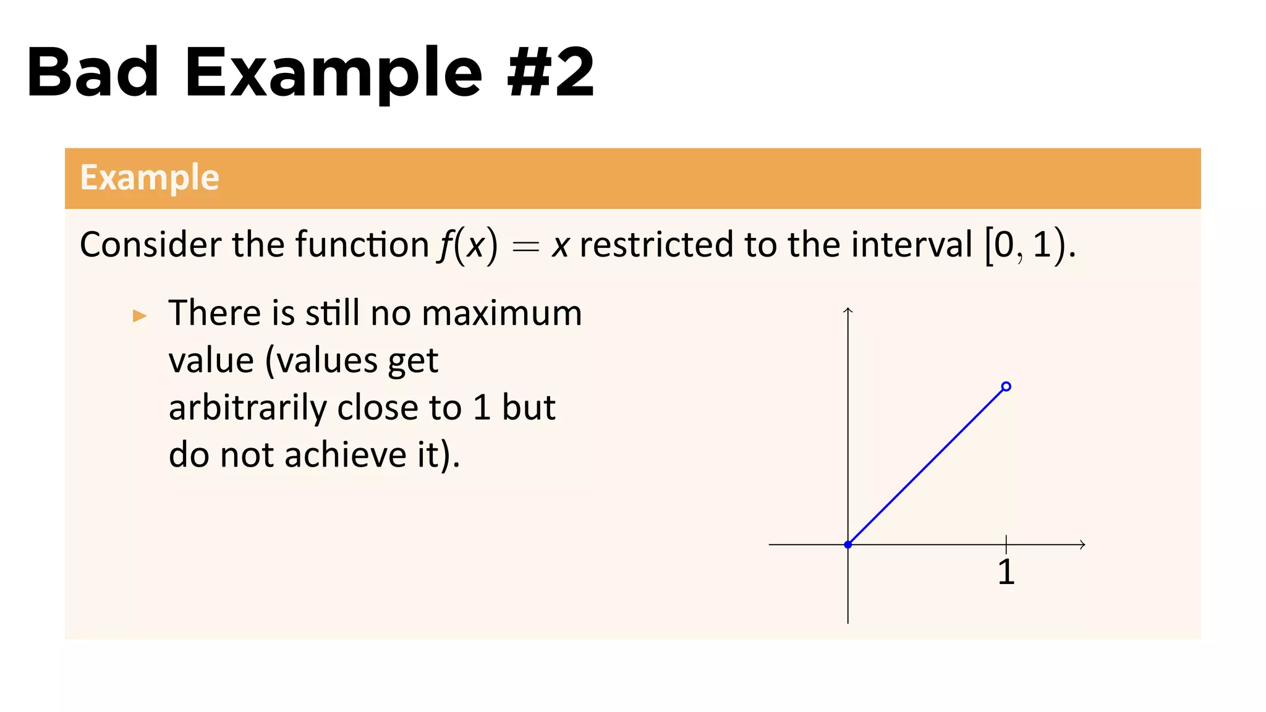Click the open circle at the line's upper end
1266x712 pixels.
1006,387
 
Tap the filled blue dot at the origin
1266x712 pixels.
848,545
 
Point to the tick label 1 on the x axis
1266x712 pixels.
1006,572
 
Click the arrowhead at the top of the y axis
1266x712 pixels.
848,310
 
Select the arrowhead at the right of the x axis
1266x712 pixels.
1082,545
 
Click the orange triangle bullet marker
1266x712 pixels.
140,316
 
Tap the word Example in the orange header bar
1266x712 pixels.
150,178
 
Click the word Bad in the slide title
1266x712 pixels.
93,73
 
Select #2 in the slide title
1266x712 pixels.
550,73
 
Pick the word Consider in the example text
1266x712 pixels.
151,245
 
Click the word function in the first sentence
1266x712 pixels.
362,245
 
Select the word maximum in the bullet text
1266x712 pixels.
501,313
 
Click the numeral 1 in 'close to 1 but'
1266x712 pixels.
482,408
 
